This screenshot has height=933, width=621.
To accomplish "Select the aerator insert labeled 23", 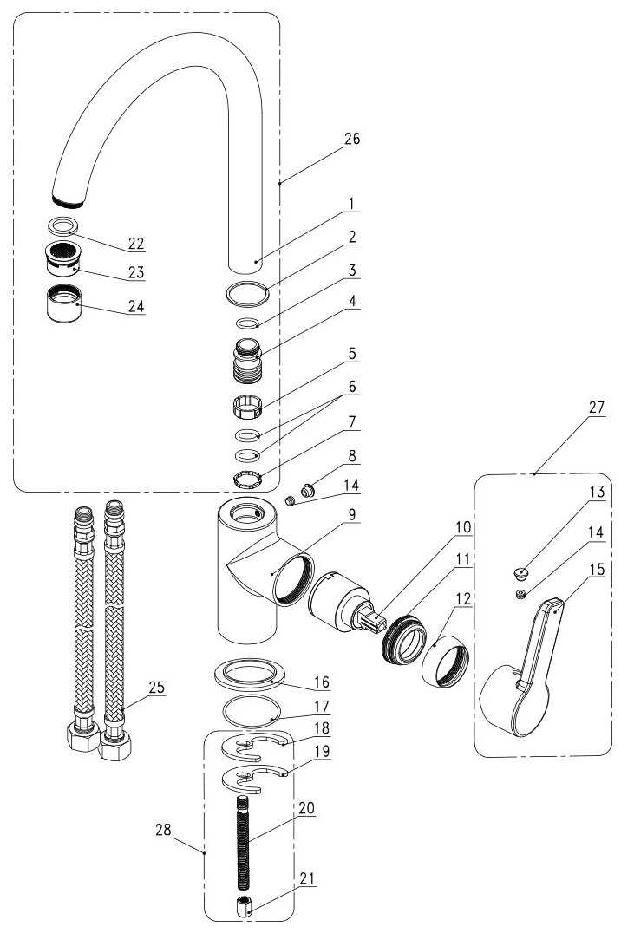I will [61, 258].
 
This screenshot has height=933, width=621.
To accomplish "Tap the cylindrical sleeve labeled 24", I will [63, 303].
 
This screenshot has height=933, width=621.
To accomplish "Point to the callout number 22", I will [135, 244].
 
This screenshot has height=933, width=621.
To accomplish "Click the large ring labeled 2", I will [247, 293].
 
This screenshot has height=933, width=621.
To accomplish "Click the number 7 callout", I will [352, 424].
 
